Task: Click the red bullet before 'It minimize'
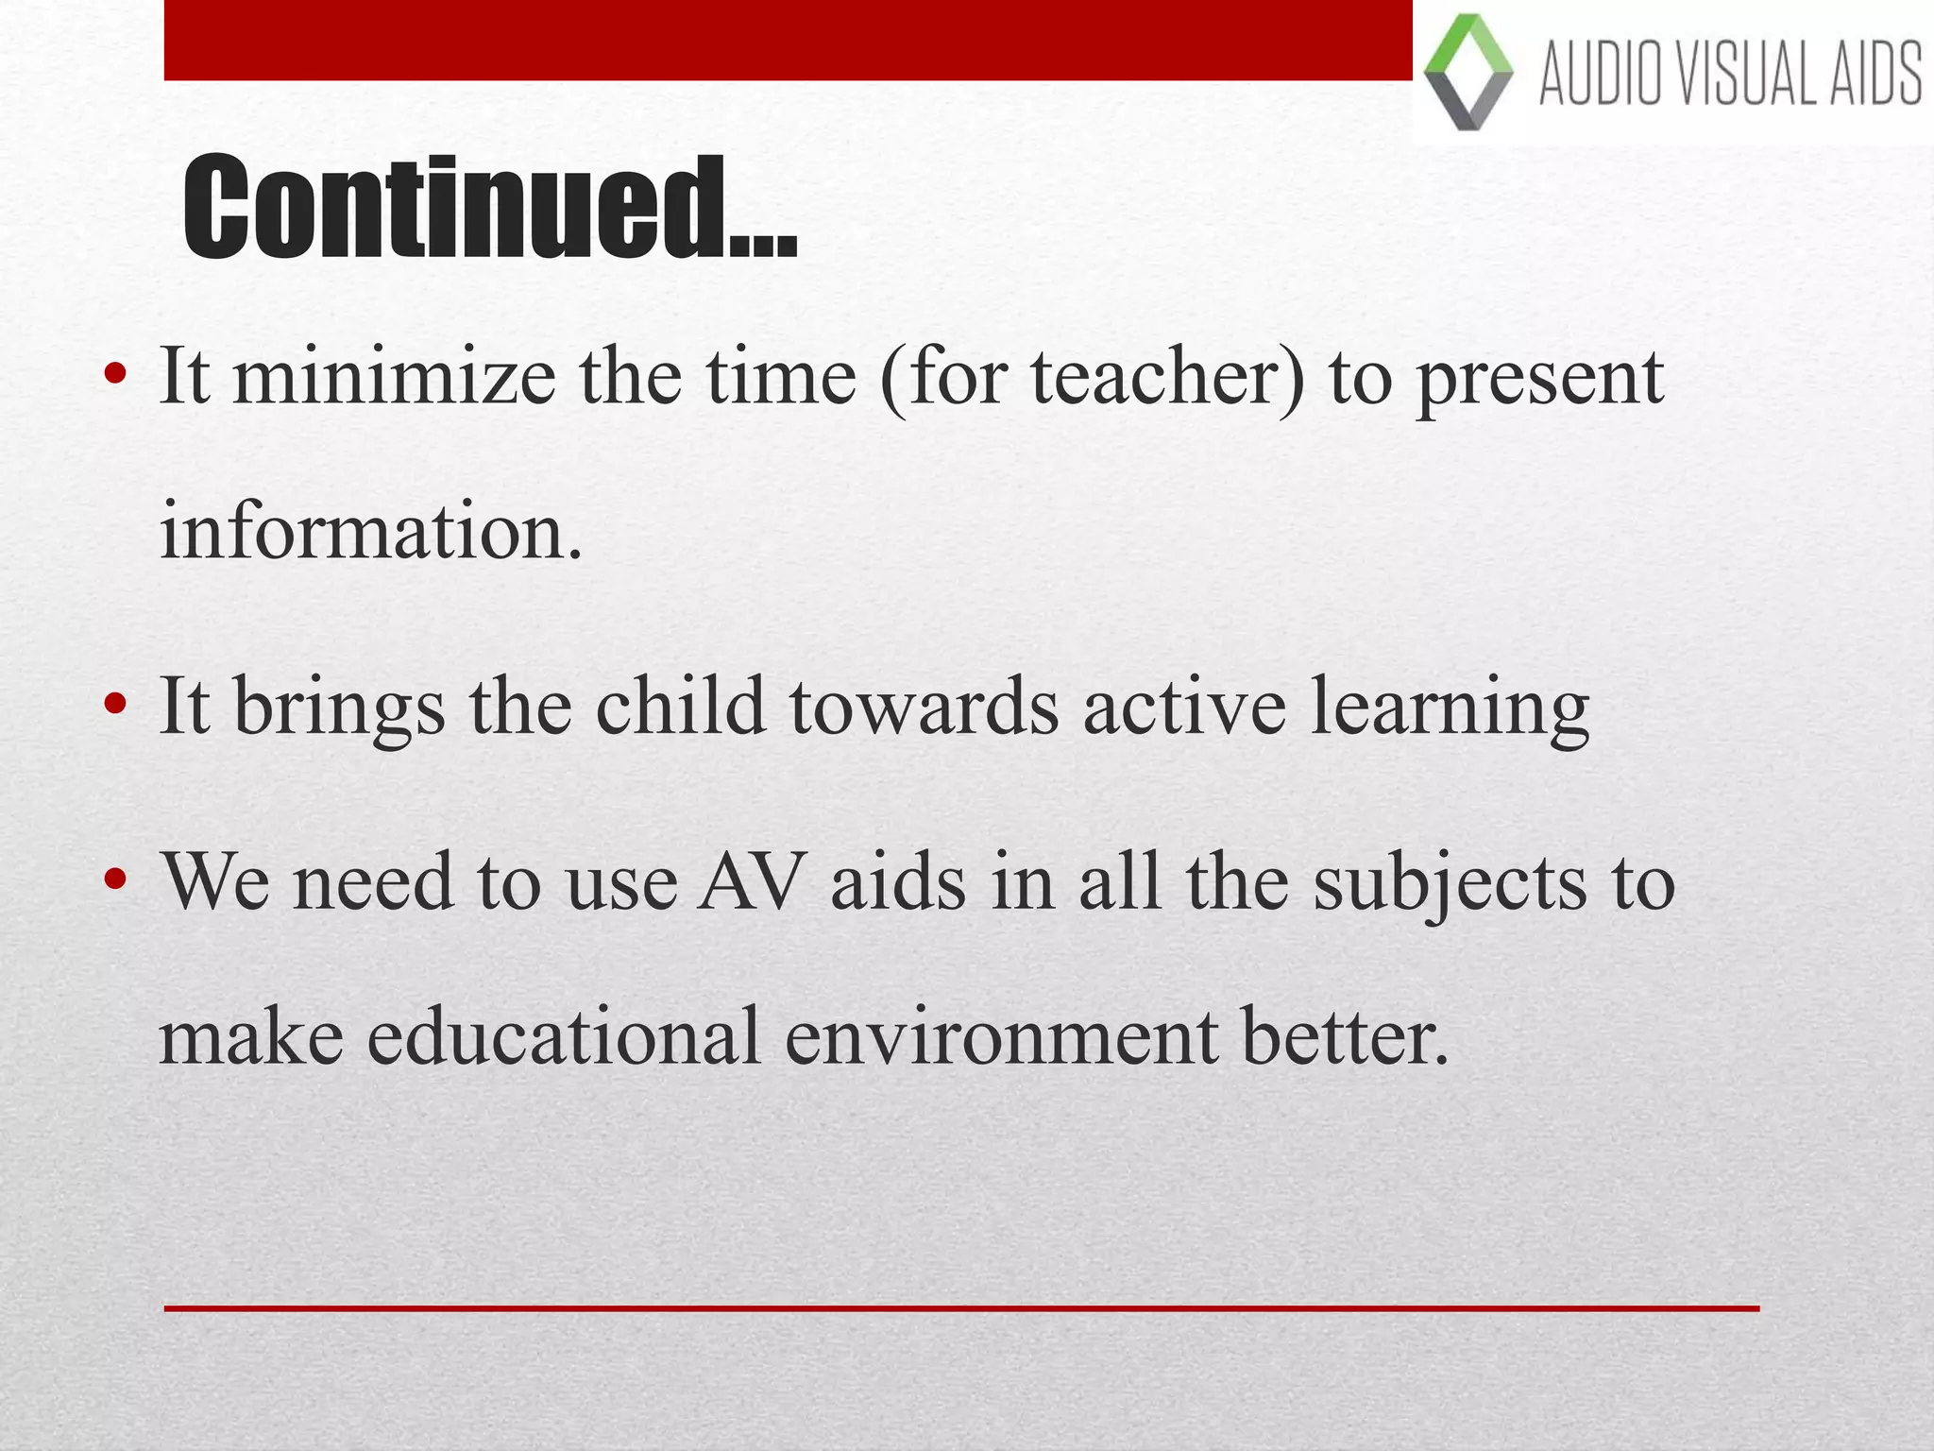(115, 375)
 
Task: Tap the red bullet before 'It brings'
(115, 705)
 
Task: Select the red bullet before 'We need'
(115, 879)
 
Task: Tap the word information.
(370, 533)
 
